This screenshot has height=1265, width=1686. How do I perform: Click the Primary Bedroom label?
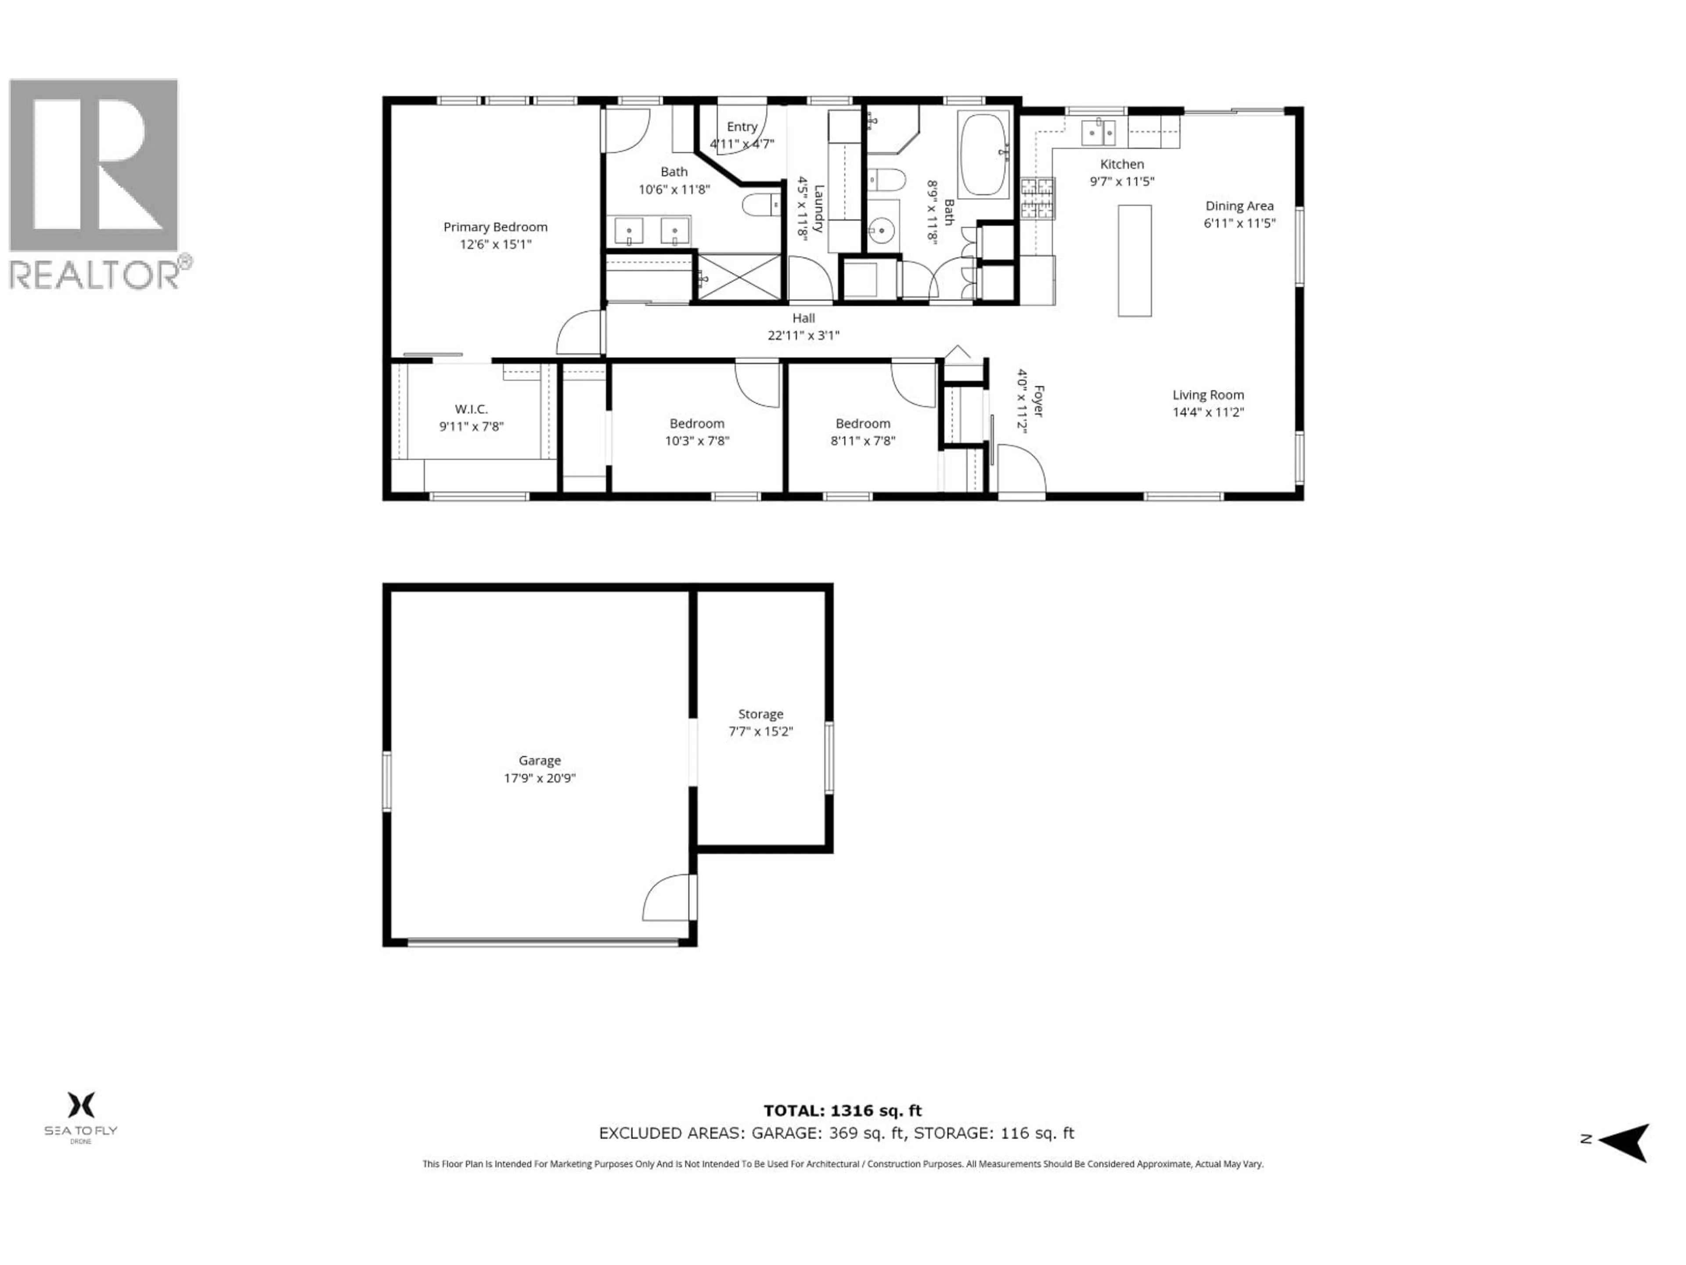[495, 227]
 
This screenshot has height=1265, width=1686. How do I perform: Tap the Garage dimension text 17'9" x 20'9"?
[540, 778]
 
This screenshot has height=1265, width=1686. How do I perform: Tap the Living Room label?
[1208, 395]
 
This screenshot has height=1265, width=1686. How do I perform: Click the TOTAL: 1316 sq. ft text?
[842, 1111]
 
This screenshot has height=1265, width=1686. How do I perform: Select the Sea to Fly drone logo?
[81, 1115]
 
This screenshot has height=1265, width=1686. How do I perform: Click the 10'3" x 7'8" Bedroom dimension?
[697, 441]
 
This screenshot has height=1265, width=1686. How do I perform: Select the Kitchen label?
[1122, 164]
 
